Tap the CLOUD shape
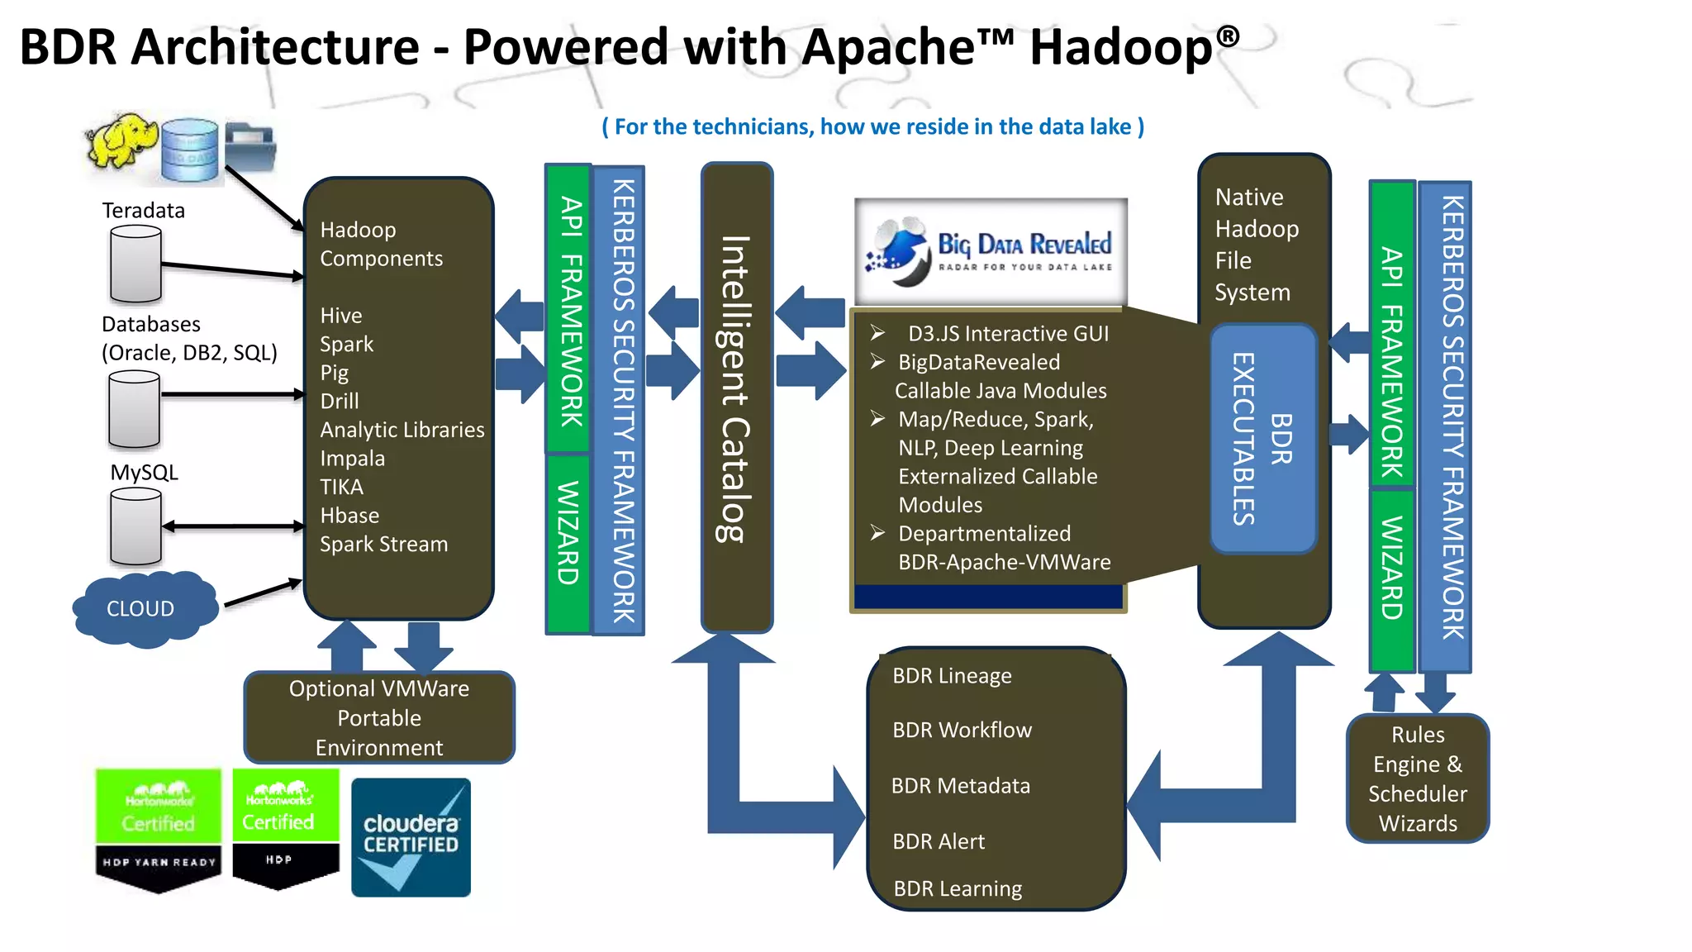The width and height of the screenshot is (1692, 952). [142, 608]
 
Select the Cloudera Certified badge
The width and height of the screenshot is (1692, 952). [411, 836]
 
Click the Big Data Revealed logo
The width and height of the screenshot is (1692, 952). [991, 251]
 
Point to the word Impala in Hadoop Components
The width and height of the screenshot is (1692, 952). [352, 458]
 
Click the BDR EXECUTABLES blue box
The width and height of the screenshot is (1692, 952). [1262, 439]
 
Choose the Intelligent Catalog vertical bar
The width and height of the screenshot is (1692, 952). [736, 397]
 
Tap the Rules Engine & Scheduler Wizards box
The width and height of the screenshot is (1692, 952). [1417, 778]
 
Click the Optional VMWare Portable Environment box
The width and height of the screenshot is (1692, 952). [379, 717]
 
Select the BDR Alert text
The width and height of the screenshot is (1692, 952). [939, 841]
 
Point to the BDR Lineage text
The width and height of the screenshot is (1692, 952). [952, 675]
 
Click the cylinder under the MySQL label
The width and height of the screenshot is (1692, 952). [135, 526]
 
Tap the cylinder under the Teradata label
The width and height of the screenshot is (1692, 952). [135, 264]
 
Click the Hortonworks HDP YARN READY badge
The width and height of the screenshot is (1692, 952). [158, 830]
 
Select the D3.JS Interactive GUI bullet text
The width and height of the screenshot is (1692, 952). [1008, 333]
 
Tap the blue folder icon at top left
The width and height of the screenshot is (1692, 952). [250, 146]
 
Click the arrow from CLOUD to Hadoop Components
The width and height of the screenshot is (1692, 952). [262, 593]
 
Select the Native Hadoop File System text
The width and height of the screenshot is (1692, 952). [1256, 245]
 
